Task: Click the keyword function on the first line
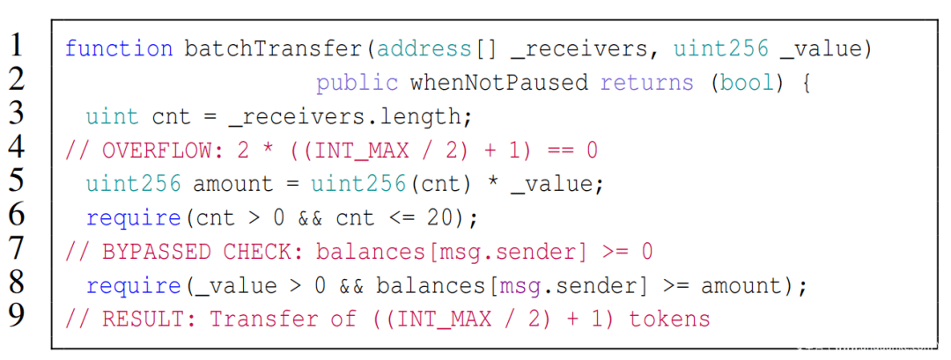[x=118, y=48]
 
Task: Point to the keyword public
[x=357, y=83]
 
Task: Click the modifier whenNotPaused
[x=499, y=83]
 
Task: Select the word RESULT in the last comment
[x=138, y=319]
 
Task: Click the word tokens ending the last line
[x=669, y=319]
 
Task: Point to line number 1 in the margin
[x=17, y=45]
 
